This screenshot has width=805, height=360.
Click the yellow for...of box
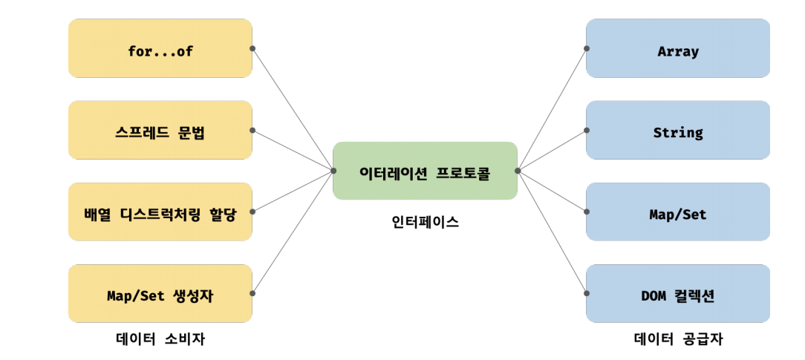coord(160,48)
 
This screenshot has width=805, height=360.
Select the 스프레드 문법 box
coord(160,130)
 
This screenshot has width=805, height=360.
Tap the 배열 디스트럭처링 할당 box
coord(160,212)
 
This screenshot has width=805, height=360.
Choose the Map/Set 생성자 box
coord(160,293)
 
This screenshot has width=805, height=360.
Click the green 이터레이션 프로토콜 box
coord(425,171)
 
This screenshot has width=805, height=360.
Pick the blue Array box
coord(677,48)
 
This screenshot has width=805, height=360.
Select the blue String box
coord(677,130)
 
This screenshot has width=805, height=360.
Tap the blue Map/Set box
coord(677,212)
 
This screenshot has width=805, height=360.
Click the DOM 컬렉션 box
coord(677,293)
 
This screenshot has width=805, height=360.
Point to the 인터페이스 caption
coord(425,221)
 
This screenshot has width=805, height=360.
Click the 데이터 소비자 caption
coord(160,339)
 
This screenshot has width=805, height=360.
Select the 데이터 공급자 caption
coord(677,339)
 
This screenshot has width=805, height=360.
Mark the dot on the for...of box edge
coord(252,48)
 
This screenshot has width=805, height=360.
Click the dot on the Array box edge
coord(586,48)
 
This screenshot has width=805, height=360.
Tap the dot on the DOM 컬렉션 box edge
coord(586,293)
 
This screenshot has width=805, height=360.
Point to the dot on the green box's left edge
coord(333,171)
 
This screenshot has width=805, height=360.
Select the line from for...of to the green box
coord(293,109)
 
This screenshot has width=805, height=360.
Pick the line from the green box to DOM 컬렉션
coord(552,232)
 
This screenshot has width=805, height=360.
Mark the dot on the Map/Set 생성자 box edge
coord(252,293)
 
